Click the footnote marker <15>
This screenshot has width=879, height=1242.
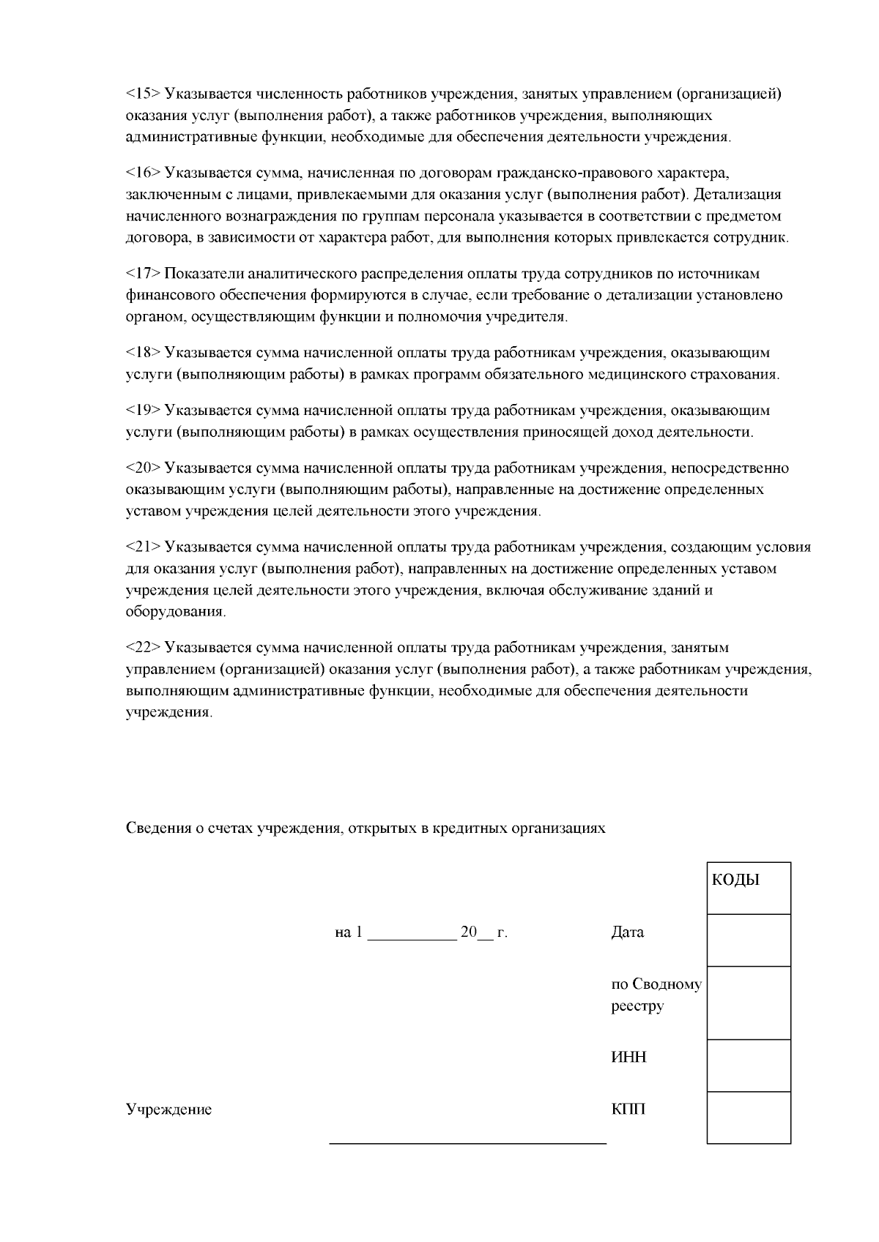(143, 94)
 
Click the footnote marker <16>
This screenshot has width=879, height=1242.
(143, 173)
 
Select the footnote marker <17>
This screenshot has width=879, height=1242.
(143, 274)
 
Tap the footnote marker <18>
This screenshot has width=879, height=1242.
(143, 353)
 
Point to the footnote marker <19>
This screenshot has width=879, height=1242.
(143, 411)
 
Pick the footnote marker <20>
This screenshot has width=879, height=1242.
(143, 468)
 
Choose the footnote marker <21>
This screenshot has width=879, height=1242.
(143, 547)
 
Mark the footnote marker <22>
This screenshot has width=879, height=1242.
(143, 648)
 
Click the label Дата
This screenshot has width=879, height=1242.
(628, 933)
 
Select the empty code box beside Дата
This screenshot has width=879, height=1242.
(748, 940)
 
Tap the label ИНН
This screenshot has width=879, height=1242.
(628, 1058)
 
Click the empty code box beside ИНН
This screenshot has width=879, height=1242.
(748, 1066)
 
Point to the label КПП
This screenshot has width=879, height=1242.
(628, 1110)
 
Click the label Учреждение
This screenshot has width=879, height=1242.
(168, 1110)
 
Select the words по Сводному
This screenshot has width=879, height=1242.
(656, 985)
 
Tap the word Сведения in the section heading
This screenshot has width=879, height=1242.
(155, 828)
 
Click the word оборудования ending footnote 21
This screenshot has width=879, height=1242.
(175, 612)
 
